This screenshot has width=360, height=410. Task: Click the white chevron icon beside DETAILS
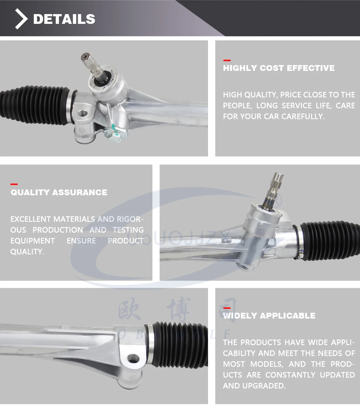tap(21, 19)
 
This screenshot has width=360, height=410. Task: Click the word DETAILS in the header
tap(64, 19)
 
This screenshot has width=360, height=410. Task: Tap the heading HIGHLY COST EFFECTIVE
tap(279, 68)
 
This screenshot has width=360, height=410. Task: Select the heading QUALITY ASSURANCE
tap(59, 192)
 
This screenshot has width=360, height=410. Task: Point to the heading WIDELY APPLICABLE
tap(269, 316)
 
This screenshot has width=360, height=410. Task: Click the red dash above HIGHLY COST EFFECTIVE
tap(227, 60)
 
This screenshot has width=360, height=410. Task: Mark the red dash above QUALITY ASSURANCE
tap(14, 184)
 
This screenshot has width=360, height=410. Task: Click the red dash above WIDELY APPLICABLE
tap(227, 308)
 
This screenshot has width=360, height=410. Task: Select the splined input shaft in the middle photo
tap(275, 188)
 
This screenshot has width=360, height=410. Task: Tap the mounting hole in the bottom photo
tap(134, 359)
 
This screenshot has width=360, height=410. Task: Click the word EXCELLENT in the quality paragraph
tap(30, 219)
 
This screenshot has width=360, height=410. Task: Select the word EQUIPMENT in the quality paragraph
tap(33, 241)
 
